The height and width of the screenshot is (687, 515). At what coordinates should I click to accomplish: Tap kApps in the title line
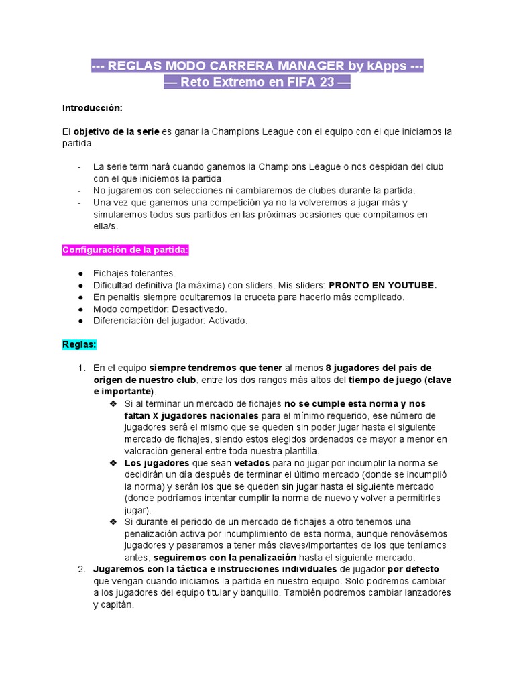click(385, 66)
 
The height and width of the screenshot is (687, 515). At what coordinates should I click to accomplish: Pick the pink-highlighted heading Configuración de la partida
click(126, 250)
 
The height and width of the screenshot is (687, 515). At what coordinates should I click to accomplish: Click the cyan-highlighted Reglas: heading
click(80, 344)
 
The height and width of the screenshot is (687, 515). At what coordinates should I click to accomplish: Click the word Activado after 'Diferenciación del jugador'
click(227, 321)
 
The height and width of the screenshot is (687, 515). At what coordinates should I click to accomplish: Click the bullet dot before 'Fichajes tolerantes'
click(80, 273)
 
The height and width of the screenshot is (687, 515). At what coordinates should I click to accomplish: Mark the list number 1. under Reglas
click(81, 368)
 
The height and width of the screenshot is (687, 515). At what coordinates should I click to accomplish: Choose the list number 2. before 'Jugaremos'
click(81, 569)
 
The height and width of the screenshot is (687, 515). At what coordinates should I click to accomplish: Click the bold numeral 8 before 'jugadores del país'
click(329, 368)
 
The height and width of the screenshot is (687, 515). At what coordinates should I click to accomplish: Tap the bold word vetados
click(252, 463)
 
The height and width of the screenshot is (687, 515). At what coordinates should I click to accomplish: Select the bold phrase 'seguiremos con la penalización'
click(225, 558)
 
